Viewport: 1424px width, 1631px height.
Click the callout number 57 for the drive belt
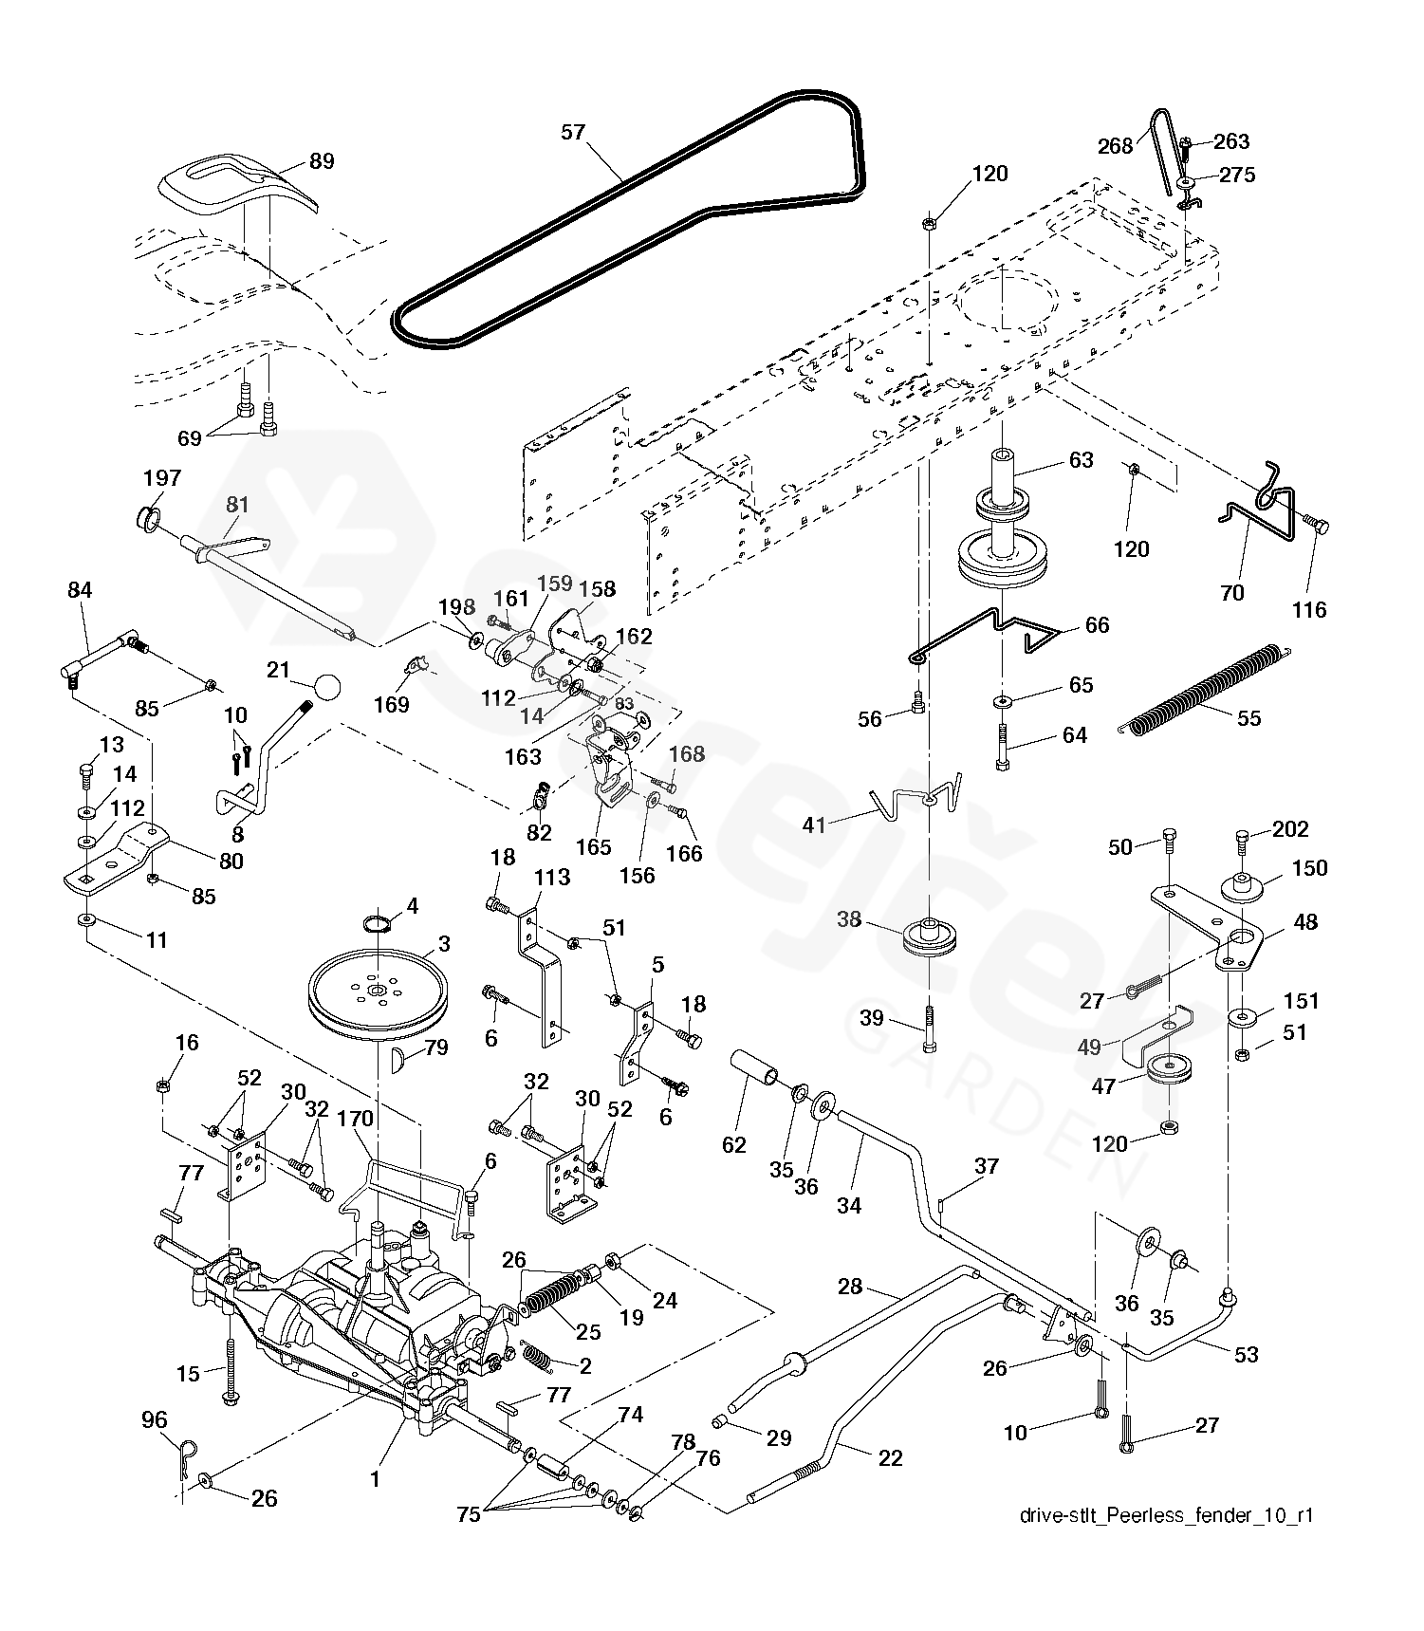(x=573, y=132)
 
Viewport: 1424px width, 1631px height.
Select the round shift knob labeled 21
(x=327, y=685)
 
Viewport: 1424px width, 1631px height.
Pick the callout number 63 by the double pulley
(x=1081, y=460)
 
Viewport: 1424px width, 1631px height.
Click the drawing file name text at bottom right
(x=1166, y=1515)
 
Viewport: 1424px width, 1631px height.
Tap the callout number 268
(x=1115, y=146)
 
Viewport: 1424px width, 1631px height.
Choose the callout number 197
(x=161, y=478)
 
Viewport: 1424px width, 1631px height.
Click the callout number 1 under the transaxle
(x=375, y=1479)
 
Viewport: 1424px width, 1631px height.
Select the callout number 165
(x=594, y=846)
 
